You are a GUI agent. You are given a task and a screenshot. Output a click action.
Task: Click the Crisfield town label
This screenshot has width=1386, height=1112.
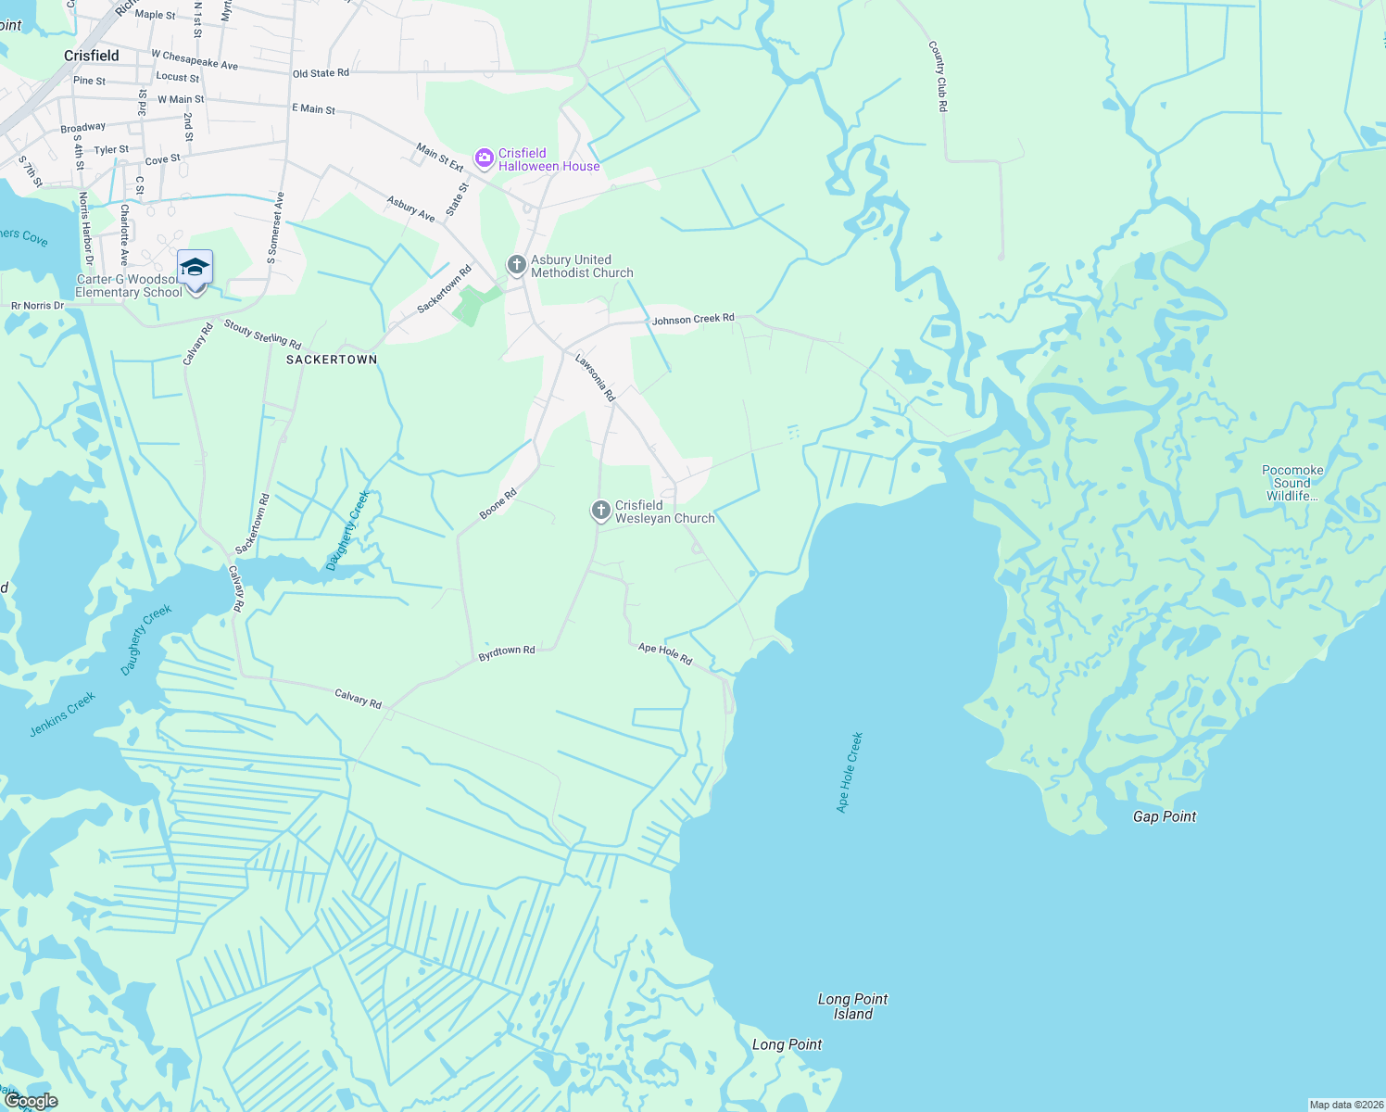(x=92, y=56)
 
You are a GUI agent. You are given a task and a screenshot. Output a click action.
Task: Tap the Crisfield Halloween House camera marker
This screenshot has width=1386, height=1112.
(x=484, y=159)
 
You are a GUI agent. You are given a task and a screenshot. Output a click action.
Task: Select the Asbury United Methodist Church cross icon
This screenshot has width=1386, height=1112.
(x=516, y=266)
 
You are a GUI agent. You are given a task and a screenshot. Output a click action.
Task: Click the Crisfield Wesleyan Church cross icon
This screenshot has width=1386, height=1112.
(x=601, y=511)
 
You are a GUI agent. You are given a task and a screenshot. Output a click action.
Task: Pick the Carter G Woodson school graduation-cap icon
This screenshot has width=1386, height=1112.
(x=195, y=268)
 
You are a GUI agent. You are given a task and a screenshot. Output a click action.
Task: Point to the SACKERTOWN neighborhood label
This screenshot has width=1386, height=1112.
(x=332, y=360)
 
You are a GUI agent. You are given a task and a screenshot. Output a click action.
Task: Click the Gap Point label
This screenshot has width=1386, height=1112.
(x=1165, y=816)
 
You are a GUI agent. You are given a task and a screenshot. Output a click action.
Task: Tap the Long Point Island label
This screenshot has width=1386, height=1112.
(x=852, y=1006)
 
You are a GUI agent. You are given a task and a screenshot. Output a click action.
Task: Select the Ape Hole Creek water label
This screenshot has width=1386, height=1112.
(x=850, y=773)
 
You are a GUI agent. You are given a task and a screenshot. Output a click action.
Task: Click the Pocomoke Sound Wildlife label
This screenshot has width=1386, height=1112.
(x=1292, y=483)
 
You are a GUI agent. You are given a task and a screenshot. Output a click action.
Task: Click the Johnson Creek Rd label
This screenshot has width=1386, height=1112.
(x=693, y=319)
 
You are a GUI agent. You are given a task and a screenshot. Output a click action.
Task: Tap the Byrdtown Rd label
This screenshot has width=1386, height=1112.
(x=507, y=652)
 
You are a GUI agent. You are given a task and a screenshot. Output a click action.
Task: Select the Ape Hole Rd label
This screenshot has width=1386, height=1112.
(x=665, y=654)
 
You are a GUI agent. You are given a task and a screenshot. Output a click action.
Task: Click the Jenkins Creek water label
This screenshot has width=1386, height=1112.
(x=62, y=714)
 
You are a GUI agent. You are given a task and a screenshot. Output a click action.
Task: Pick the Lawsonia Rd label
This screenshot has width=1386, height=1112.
(x=595, y=377)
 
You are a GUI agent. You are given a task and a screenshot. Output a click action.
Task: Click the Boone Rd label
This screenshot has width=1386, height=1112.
(x=498, y=503)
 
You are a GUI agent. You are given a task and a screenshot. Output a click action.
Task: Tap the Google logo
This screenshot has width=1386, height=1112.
(x=31, y=1101)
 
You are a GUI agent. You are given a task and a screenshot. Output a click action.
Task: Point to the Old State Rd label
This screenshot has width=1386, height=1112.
(x=321, y=73)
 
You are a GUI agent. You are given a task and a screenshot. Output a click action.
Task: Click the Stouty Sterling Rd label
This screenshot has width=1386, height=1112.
(x=262, y=334)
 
